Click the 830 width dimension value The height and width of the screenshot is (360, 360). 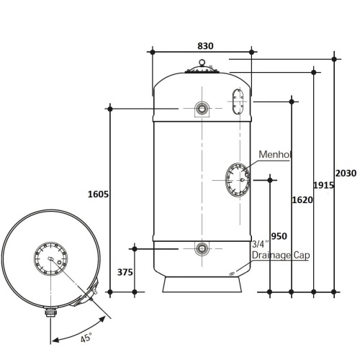(205, 46)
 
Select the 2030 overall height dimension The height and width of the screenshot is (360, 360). (346, 173)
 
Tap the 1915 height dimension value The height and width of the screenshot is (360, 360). (324, 185)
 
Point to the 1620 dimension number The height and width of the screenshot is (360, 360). (302, 199)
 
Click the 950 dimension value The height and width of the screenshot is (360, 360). (279, 236)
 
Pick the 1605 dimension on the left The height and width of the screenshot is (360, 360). (98, 194)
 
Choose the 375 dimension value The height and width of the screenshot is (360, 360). (125, 272)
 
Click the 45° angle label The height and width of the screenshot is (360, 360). (86, 337)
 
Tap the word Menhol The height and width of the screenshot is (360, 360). (275, 154)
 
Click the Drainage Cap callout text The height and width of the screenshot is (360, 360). (281, 255)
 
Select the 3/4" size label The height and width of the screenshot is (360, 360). (261, 244)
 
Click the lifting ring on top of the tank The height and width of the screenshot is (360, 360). (202, 63)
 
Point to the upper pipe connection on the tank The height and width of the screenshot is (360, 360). (202, 109)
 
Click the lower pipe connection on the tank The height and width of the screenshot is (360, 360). (202, 248)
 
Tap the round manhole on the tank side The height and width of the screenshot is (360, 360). (238, 180)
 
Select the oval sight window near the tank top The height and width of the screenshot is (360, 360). (238, 102)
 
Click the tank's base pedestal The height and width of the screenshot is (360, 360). (202, 284)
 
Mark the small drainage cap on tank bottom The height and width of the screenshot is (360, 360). (232, 274)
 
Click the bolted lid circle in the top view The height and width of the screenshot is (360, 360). (50, 258)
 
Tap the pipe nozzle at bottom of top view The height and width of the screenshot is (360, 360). (50, 312)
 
